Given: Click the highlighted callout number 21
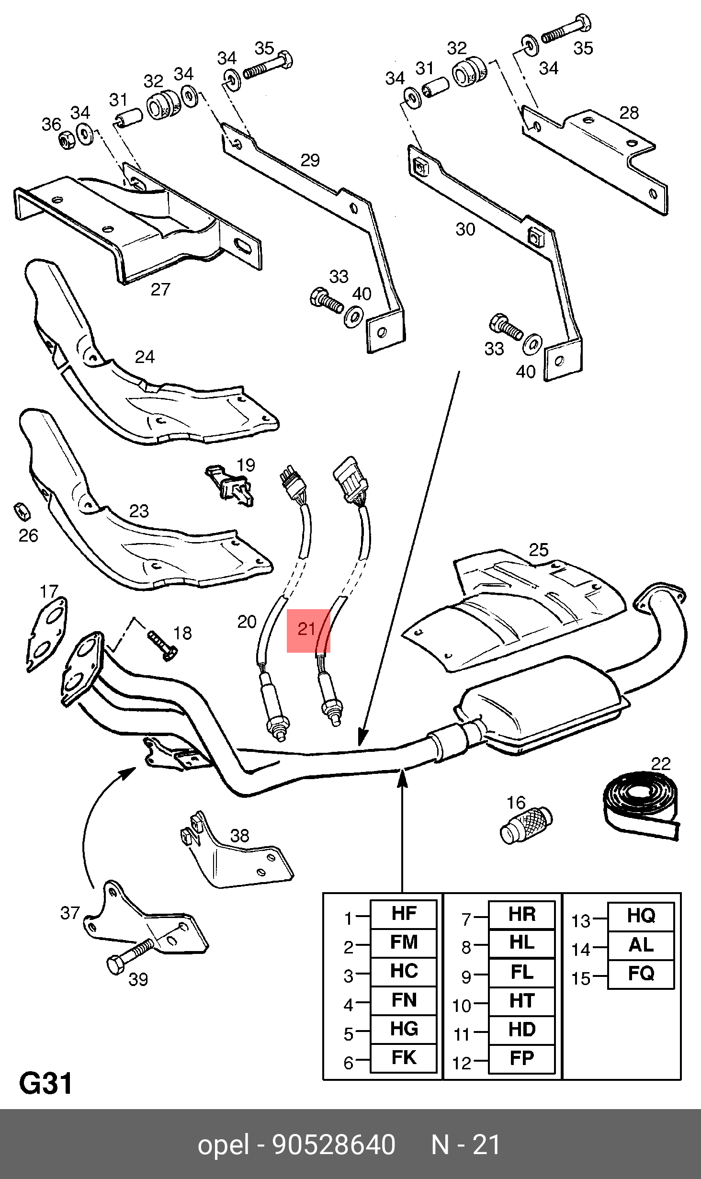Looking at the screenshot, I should [307, 629].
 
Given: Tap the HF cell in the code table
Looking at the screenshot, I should [404, 914].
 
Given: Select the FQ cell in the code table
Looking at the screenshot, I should [641, 974].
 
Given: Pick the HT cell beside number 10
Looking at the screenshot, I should [521, 1001].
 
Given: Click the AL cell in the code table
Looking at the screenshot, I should [641, 945].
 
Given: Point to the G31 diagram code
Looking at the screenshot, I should [46, 1084].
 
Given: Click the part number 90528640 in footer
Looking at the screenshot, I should [334, 1145].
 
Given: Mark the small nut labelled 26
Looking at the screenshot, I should [22, 511].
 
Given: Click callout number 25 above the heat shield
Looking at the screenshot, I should [539, 549].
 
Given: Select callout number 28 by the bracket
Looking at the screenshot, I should [629, 113].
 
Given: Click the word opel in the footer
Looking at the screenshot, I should [223, 1145].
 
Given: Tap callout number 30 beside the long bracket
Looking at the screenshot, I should [465, 229].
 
